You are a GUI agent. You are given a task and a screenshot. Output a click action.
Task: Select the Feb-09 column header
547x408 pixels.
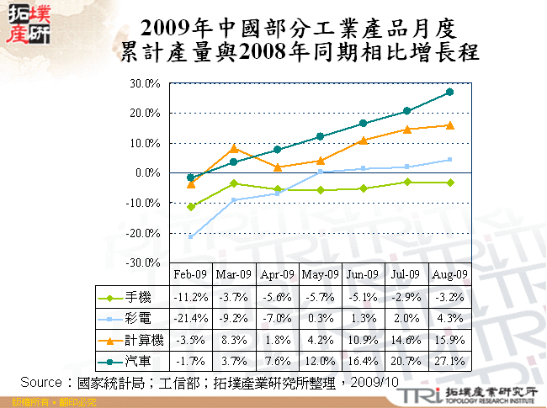(190, 274)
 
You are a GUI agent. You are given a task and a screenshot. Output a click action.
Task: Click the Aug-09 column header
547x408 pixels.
(449, 274)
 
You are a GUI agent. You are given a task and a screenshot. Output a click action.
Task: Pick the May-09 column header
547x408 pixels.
(320, 274)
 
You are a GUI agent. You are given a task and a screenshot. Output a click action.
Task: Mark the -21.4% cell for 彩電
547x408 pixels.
(190, 319)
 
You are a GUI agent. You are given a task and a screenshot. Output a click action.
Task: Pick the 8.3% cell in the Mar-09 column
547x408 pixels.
(234, 341)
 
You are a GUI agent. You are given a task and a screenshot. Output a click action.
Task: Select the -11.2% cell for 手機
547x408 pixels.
(190, 297)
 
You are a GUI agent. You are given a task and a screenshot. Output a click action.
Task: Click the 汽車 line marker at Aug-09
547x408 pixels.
(449, 92)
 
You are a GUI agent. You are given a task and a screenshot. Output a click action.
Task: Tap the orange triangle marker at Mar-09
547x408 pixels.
(234, 148)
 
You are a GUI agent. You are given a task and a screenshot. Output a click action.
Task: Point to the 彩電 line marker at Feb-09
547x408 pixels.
(191, 236)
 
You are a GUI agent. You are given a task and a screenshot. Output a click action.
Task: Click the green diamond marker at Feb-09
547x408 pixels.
(191, 206)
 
